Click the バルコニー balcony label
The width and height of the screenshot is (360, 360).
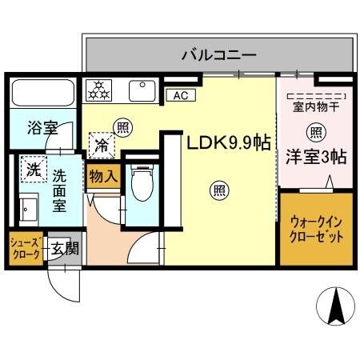218,55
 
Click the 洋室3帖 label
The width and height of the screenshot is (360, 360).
316,156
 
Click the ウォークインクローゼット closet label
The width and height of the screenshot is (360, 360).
316,230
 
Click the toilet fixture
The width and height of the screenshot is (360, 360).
141,184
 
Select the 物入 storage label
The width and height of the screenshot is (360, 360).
103,174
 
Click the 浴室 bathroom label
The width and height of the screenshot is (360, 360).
37,127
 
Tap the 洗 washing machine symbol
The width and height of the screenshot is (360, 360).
33,169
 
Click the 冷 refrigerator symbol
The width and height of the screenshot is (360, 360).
102,147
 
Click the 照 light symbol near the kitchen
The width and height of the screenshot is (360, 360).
122,126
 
